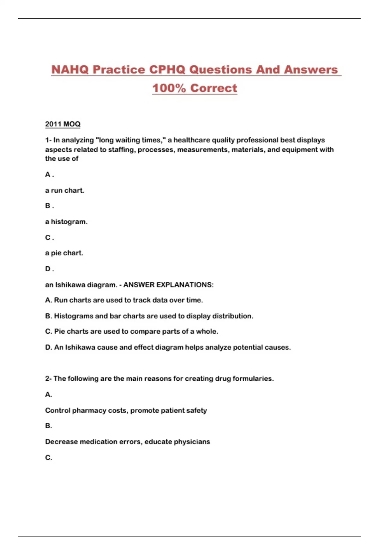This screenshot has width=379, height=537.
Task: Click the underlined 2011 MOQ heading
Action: coord(63,124)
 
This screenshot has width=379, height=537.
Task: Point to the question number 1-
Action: coord(48,140)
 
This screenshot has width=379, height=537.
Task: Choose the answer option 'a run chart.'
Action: coord(64,190)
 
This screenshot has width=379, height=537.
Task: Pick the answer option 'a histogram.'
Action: coord(66,222)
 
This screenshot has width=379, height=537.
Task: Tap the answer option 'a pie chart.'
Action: coord(64,253)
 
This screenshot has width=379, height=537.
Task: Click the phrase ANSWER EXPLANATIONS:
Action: coord(168,285)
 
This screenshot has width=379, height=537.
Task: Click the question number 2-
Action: coord(48,378)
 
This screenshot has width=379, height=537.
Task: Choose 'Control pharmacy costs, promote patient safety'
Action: coord(126,410)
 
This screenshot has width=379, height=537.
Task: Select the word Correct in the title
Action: coord(214,88)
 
